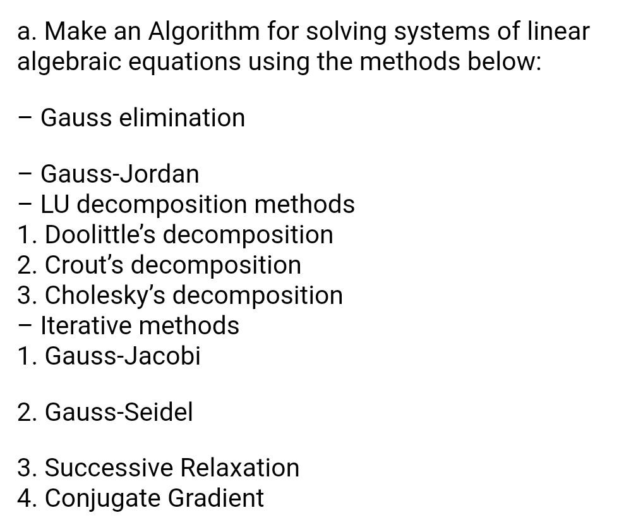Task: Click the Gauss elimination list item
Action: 143,118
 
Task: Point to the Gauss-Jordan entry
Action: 120,174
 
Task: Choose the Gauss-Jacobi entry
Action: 123,356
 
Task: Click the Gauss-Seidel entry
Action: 119,412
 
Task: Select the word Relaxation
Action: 239,468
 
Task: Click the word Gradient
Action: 215,498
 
